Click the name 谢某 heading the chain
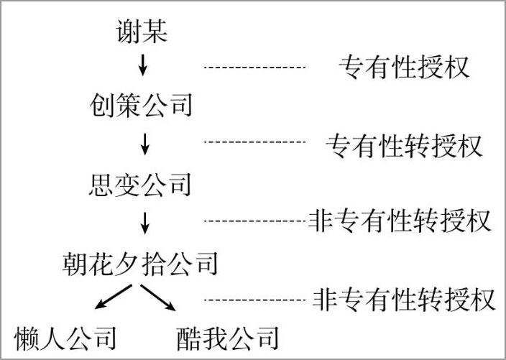(x=142, y=31)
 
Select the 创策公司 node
(x=141, y=105)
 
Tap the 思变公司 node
(x=140, y=185)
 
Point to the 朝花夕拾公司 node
(x=140, y=264)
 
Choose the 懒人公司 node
(x=65, y=338)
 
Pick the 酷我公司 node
(x=228, y=338)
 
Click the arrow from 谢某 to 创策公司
(x=142, y=65)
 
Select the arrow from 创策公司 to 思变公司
(x=145, y=144)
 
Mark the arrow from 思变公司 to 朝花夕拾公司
(x=145, y=223)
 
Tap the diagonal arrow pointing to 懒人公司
(x=114, y=297)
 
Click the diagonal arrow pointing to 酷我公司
(x=158, y=297)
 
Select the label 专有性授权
(x=404, y=67)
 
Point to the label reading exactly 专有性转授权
(x=404, y=146)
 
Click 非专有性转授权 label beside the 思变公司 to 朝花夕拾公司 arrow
(x=400, y=221)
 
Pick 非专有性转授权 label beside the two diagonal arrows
(x=404, y=300)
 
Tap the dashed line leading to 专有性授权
(x=254, y=68)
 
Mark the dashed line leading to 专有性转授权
(x=254, y=142)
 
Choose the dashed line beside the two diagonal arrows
(x=254, y=300)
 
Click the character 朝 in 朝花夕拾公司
(x=75, y=264)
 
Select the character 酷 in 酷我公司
(x=189, y=338)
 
